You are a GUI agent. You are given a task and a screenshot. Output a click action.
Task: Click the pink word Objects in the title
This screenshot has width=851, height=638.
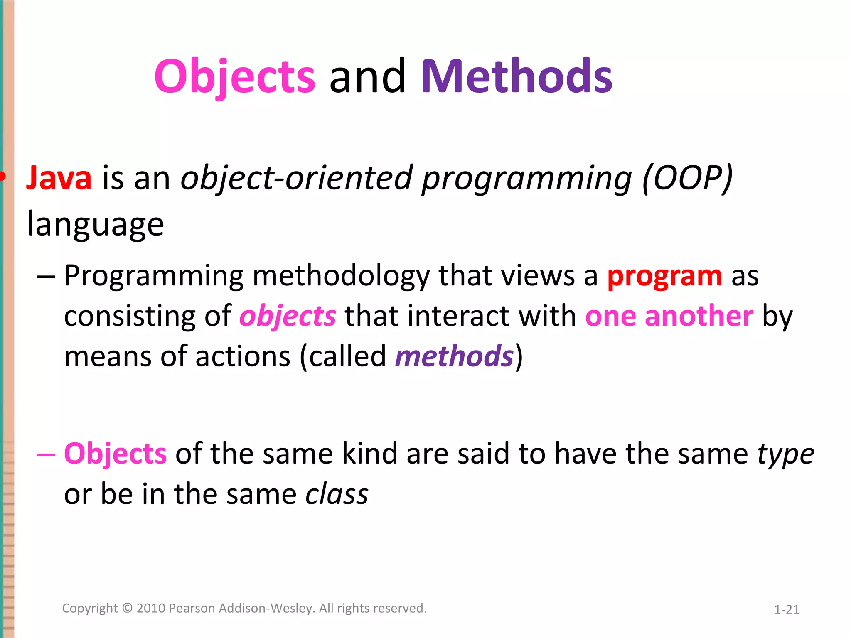(x=235, y=77)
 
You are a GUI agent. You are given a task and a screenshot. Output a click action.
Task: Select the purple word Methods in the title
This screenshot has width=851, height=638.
(x=517, y=77)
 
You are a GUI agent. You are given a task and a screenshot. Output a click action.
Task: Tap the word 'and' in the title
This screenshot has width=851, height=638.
(x=367, y=77)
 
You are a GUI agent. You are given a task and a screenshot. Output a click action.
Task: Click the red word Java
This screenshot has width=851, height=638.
(x=59, y=178)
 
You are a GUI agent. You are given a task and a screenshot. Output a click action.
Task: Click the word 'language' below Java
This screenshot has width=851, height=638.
(x=96, y=225)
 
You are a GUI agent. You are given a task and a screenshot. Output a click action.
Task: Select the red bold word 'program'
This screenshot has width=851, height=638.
(x=664, y=276)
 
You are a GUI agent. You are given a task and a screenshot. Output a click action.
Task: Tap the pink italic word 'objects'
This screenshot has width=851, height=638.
(x=288, y=316)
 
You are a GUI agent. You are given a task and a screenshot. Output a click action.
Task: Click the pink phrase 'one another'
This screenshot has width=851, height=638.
(x=669, y=316)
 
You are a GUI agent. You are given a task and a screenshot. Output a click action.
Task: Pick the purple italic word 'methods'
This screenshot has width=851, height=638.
(x=454, y=356)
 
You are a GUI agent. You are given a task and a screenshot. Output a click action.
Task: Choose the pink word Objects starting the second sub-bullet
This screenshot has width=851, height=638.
(x=116, y=454)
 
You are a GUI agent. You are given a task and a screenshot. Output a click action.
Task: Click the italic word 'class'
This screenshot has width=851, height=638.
(x=337, y=494)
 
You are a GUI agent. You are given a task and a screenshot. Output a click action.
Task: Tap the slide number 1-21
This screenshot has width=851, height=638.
(x=787, y=610)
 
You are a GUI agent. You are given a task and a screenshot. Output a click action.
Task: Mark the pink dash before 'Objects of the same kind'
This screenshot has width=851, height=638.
(x=46, y=454)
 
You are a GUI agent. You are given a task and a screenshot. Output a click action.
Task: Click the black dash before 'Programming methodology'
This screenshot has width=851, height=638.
(x=46, y=277)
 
